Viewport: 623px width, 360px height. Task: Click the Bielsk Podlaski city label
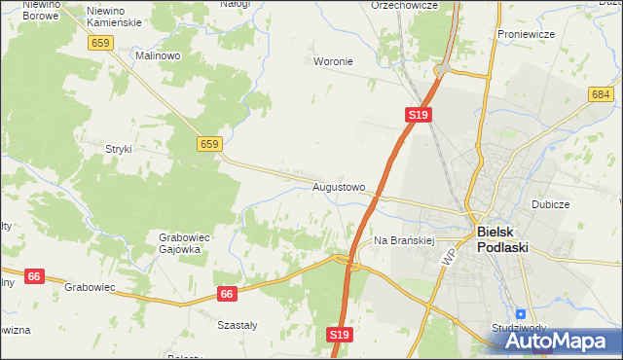pos(502,239)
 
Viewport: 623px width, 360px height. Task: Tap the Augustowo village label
pos(339,186)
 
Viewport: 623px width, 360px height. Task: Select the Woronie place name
pos(332,61)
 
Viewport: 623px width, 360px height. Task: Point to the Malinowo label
pos(159,56)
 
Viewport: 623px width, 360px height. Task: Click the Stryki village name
pos(118,149)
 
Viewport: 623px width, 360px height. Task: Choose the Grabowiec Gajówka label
pos(179,243)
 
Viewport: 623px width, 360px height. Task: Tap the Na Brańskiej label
pos(403,239)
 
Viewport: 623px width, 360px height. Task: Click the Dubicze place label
pos(550,205)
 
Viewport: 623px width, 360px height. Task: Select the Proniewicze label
pos(525,34)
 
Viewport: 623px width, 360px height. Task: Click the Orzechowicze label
pos(405,5)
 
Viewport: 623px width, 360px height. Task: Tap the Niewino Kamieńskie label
pos(114,16)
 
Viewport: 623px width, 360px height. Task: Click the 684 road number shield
pos(601,93)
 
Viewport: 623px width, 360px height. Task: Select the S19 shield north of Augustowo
pos(418,115)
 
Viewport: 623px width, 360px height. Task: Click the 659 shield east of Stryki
pos(209,144)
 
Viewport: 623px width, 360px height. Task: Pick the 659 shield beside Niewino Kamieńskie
pos(100,43)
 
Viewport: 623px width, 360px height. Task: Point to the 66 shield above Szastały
pos(227,293)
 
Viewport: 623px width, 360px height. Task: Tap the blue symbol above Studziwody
pos(521,314)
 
